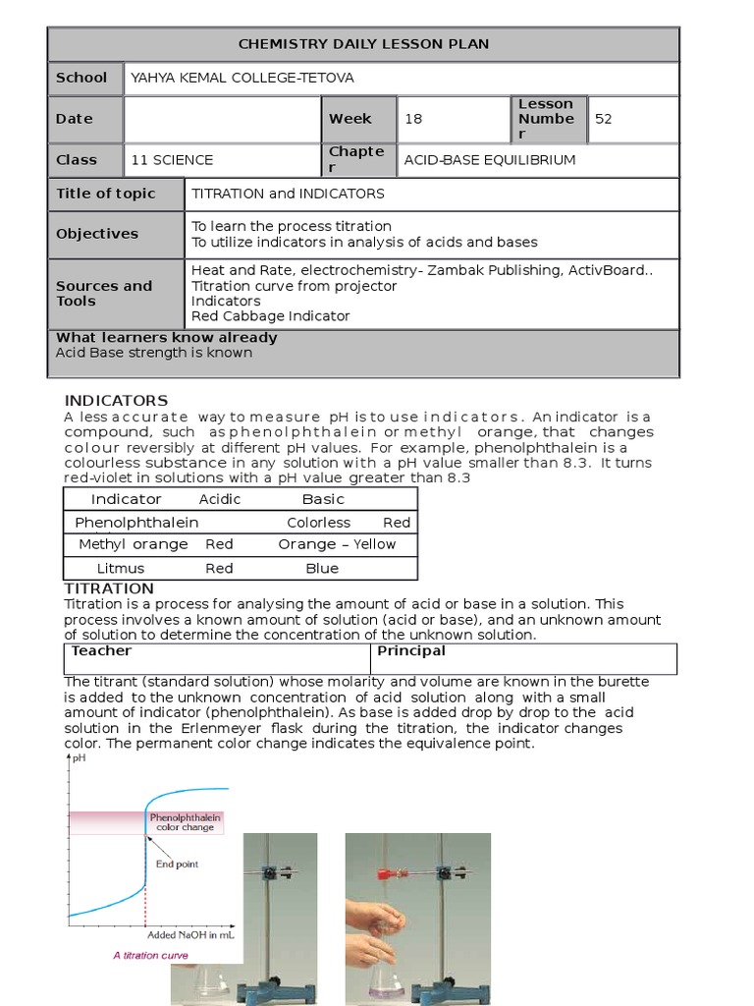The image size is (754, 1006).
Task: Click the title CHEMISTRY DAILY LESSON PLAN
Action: coord(363,44)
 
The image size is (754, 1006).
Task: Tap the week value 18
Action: coord(413,119)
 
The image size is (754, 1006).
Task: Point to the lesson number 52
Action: coord(603,119)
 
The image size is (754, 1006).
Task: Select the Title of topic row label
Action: coord(105,194)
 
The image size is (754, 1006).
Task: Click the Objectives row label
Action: coord(97,234)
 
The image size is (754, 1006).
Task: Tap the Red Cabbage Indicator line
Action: coord(270,316)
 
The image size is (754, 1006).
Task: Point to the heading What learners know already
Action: coord(166,337)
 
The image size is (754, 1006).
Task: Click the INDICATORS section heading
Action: coord(116,401)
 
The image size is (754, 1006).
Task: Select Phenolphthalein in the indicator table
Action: coord(136,523)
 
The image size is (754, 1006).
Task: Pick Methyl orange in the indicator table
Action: coord(133,544)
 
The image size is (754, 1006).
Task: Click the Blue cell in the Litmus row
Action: coord(322,568)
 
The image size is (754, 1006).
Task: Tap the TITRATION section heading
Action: coord(109,588)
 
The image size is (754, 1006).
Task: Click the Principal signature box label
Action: coord(411,650)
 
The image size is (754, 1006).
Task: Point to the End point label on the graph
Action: coord(177,865)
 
